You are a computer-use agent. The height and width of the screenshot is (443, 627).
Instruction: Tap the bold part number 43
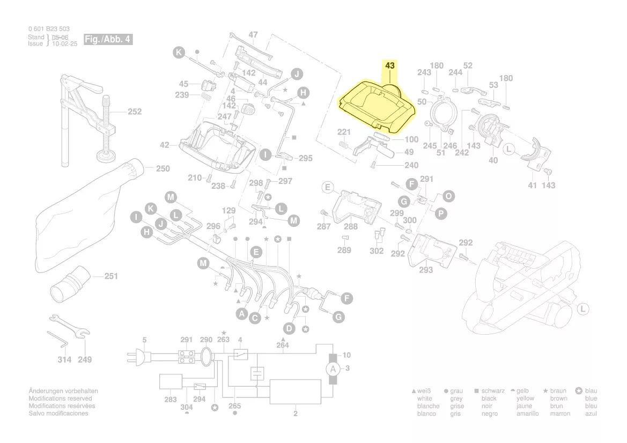(x=389, y=65)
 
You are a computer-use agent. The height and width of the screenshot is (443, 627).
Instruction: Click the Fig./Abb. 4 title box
(x=107, y=40)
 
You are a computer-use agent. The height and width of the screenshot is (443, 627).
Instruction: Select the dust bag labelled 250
(x=86, y=209)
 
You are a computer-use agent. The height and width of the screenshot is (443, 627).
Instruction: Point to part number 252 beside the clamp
(x=134, y=112)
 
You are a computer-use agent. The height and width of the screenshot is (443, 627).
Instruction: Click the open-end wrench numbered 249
(x=67, y=325)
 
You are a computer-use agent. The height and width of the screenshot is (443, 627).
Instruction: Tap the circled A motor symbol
(x=333, y=369)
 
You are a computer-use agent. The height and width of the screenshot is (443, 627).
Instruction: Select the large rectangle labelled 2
(x=295, y=392)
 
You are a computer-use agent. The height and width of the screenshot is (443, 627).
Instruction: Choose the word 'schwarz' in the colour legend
(x=493, y=391)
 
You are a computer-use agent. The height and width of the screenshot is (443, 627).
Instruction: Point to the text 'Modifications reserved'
(x=60, y=398)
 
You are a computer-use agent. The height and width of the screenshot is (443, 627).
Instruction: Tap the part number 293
(x=426, y=270)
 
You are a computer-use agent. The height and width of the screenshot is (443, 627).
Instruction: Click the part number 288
(x=351, y=227)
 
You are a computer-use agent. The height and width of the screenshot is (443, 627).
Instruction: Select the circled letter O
(x=448, y=196)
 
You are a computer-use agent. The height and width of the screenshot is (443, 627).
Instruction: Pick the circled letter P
(x=440, y=213)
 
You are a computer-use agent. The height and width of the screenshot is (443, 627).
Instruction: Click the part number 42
(x=165, y=145)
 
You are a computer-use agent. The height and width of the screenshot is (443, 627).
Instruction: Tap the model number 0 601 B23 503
(x=49, y=29)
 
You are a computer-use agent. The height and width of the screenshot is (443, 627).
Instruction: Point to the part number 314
(x=64, y=359)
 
